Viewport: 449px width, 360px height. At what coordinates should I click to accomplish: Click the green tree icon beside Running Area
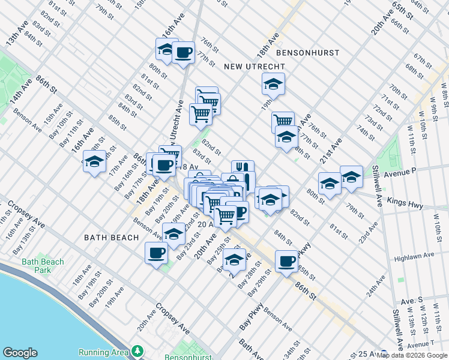pos(138,350)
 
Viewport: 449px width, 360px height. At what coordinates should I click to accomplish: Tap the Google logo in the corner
pos(20,352)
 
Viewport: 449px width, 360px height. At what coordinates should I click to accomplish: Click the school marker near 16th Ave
pos(94,161)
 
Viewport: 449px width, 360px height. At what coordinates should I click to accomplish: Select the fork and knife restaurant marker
pos(243,169)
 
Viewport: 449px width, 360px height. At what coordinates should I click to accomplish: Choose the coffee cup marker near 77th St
pos(183,53)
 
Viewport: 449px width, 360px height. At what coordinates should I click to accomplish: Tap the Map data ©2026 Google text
pos(412,355)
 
